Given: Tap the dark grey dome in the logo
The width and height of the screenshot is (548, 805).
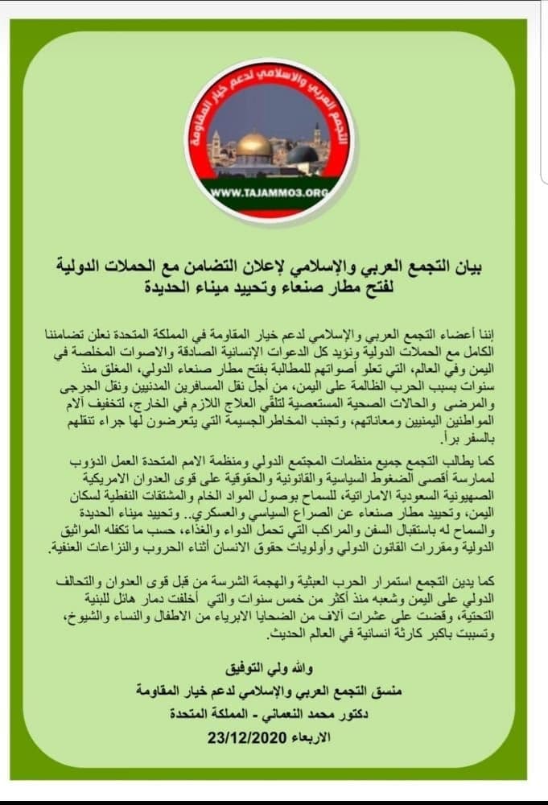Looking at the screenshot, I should [x=302, y=154].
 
